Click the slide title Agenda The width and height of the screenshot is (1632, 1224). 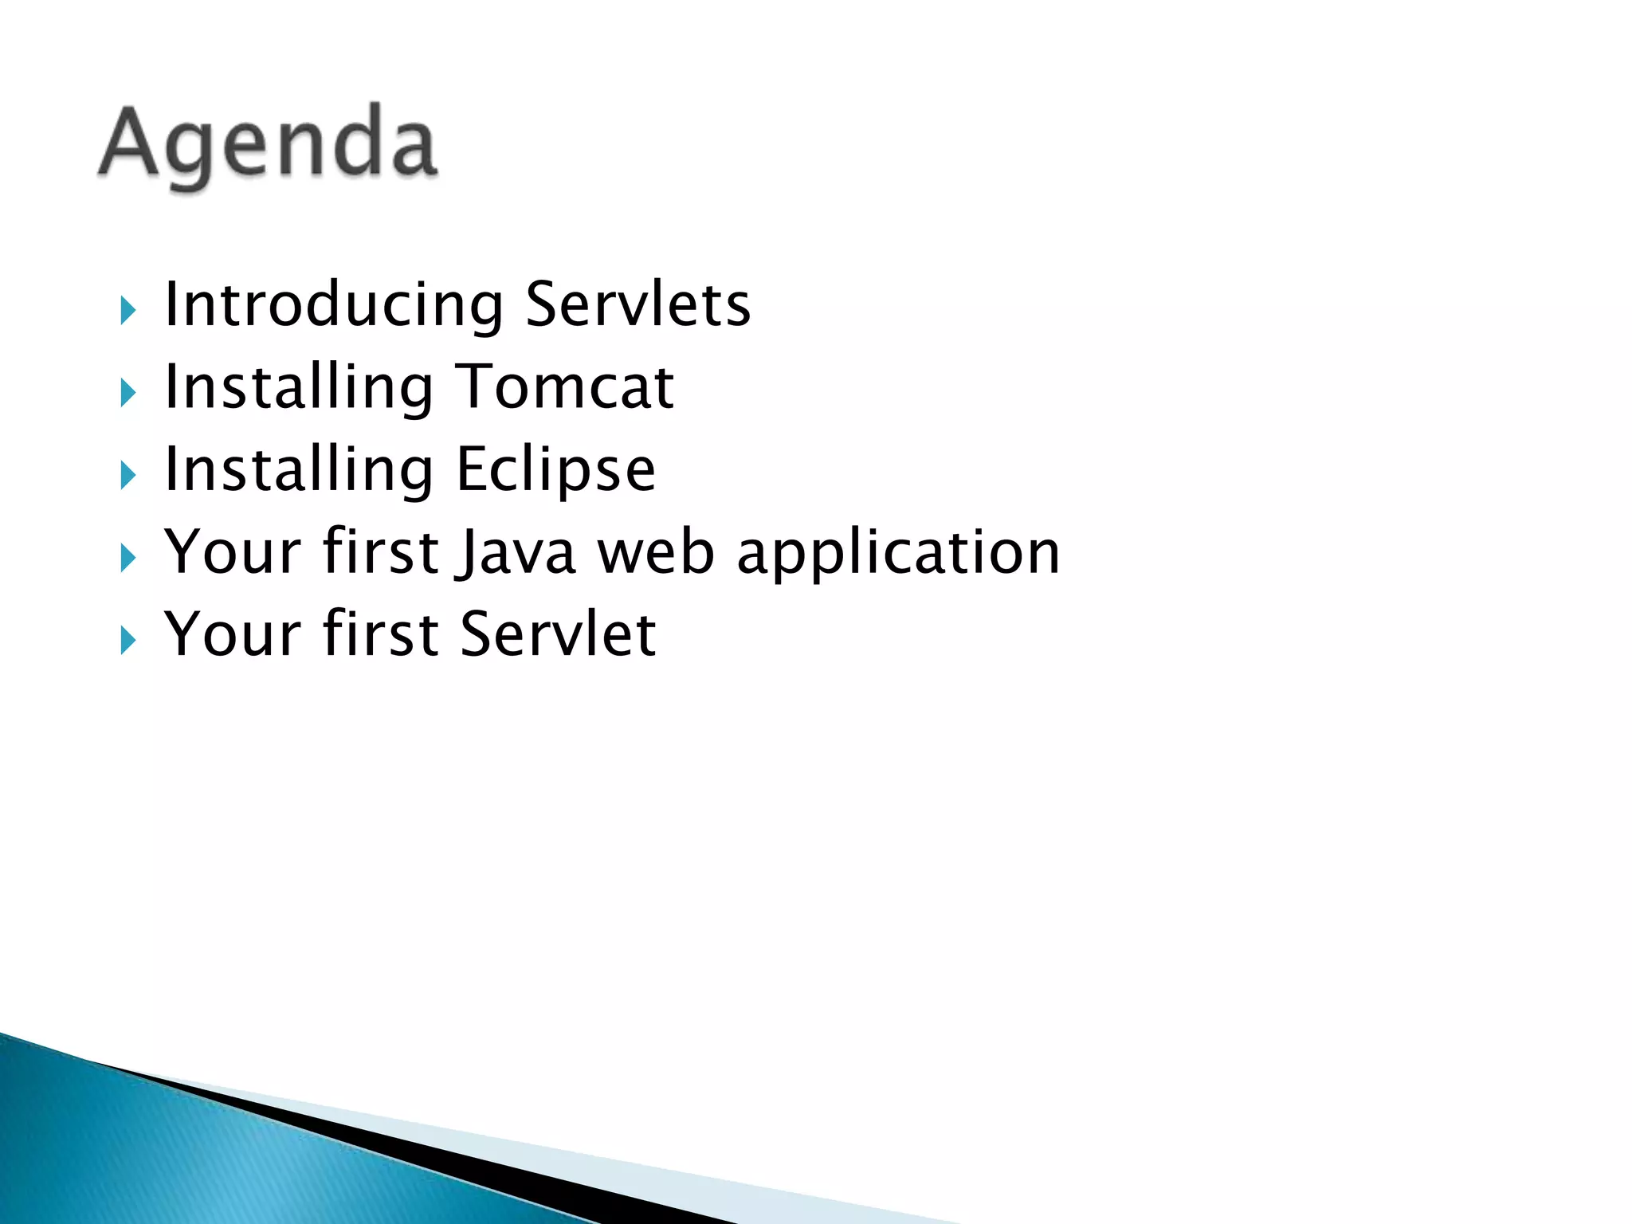coord(268,143)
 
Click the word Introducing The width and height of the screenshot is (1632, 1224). coord(333,305)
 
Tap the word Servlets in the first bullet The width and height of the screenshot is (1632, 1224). coord(637,305)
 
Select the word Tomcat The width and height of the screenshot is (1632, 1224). coord(565,388)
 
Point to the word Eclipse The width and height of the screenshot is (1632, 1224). coord(555,470)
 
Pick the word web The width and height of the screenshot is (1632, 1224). coord(655,553)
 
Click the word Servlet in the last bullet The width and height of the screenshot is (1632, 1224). coord(557,635)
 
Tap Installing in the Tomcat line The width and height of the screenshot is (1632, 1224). coord(299,388)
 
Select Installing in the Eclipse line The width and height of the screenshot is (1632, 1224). coord(299,470)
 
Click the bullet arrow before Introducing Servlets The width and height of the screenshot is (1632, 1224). coord(127,310)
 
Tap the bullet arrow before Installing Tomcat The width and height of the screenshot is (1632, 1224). coord(127,393)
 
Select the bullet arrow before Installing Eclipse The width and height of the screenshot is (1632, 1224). coord(127,476)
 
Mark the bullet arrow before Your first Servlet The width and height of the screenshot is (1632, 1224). coord(127,640)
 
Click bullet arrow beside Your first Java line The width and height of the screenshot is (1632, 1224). coord(127,558)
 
